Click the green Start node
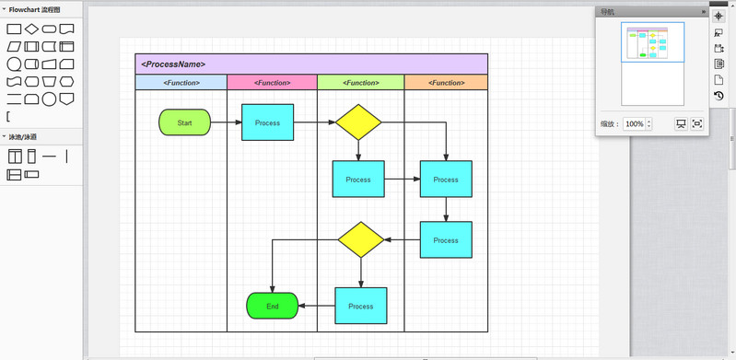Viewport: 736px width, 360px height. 184,122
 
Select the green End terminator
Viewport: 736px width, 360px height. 272,306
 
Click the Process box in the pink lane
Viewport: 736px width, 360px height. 267,122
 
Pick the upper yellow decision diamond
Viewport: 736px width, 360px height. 358,122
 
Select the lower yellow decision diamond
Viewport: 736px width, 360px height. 360,239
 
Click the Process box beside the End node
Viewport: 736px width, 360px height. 360,306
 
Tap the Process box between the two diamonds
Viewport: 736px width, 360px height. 358,180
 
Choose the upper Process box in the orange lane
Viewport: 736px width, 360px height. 446,180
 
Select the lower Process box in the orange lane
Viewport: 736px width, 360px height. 446,240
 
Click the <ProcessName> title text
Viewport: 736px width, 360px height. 173,64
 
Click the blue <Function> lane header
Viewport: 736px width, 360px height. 181,83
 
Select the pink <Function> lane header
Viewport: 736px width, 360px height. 272,83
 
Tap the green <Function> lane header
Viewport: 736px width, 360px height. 360,83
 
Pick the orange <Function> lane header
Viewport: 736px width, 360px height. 446,83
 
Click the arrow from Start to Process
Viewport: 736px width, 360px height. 226,122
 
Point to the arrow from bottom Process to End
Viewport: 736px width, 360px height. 316,306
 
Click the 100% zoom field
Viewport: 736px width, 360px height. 635,123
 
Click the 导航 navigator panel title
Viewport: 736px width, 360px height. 607,12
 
